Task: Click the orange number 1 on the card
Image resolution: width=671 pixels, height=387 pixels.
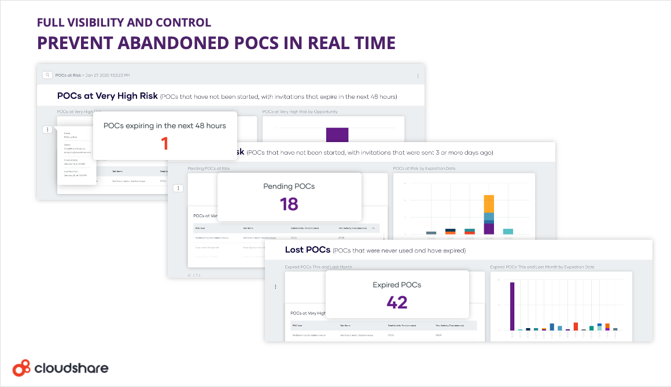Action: (165, 143)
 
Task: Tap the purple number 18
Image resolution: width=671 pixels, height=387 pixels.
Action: (289, 203)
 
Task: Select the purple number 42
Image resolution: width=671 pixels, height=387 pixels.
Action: (397, 302)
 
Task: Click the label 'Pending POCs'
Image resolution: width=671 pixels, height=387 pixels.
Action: (289, 187)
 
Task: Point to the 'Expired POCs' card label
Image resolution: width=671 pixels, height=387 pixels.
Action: (397, 285)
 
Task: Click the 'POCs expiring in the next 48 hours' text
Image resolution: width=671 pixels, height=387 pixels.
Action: (165, 125)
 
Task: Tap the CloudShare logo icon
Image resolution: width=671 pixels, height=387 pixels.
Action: (21, 367)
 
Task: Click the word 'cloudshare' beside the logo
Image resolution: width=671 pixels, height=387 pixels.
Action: (71, 368)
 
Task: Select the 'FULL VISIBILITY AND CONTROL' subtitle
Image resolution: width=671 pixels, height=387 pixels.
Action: (124, 23)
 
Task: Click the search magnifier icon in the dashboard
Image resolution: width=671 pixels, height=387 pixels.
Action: (46, 75)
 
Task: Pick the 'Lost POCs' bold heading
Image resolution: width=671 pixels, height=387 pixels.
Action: (307, 250)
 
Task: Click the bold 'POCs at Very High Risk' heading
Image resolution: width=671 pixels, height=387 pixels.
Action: (107, 95)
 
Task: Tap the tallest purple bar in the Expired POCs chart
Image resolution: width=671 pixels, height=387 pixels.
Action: (512, 306)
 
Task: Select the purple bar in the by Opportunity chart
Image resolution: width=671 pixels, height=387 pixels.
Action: (337, 134)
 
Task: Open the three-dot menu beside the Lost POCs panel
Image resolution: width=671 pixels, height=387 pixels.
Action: (275, 286)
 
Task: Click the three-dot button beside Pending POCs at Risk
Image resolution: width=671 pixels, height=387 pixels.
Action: (178, 188)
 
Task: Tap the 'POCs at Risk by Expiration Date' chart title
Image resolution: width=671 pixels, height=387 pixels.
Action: (424, 169)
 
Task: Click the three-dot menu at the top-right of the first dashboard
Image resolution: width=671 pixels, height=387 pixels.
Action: (418, 76)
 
